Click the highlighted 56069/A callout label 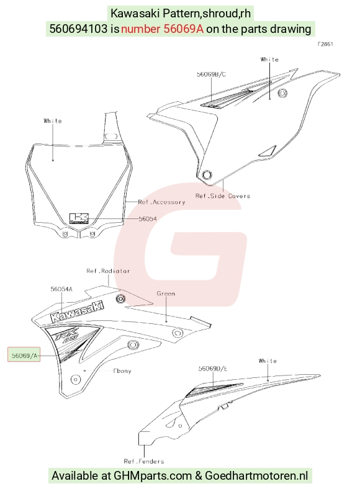click(x=24, y=354)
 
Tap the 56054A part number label click(x=61, y=289)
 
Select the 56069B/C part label click(x=211, y=74)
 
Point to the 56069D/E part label click(x=213, y=369)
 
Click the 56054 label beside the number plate click(x=148, y=218)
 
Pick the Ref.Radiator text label click(x=108, y=271)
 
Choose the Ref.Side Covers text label click(x=223, y=196)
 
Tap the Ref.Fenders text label click(x=144, y=461)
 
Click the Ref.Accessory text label click(x=161, y=202)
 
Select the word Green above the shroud click(x=166, y=294)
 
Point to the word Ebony click(x=122, y=371)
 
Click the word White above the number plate click(x=53, y=120)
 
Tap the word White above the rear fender click(x=268, y=361)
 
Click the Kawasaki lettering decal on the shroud click(x=77, y=312)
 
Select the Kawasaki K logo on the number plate click(x=79, y=218)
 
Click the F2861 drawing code click(x=325, y=44)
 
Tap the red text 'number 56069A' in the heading click(x=162, y=29)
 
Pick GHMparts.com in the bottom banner click(x=153, y=476)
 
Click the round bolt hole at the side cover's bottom click(x=207, y=174)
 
